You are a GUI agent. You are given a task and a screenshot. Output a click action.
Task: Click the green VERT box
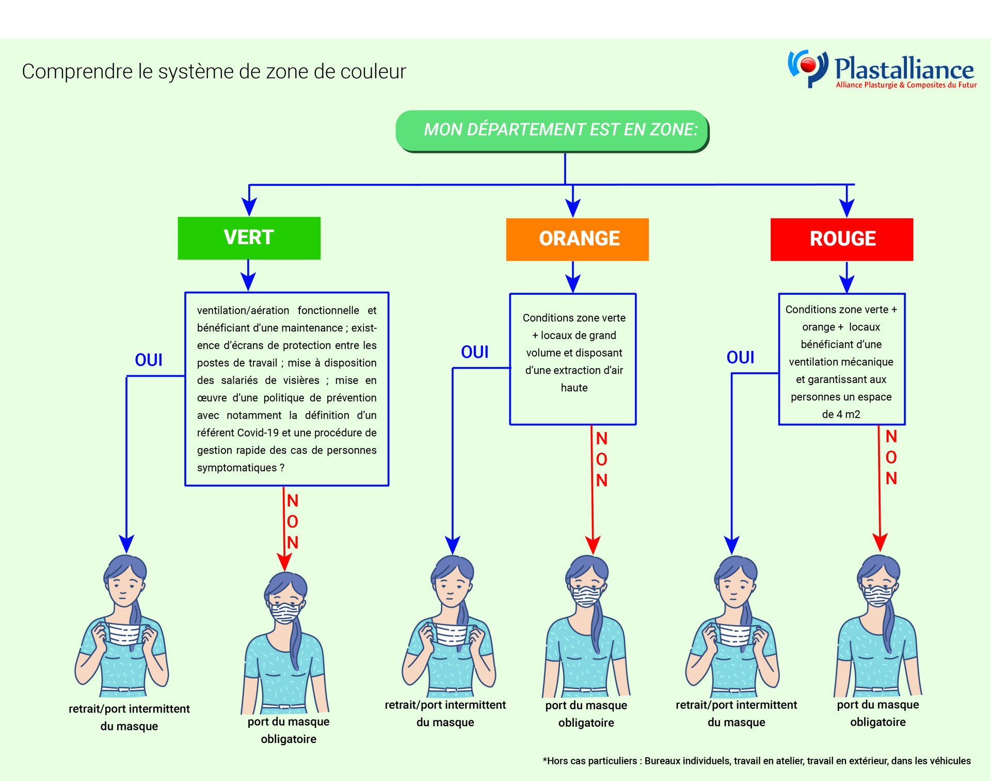click(x=249, y=238)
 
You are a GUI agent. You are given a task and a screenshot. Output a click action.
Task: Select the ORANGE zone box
click(x=577, y=239)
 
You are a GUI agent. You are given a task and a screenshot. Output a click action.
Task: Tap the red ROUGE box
click(x=841, y=239)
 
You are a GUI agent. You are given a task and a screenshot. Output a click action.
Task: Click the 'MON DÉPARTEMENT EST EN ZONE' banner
click(x=552, y=130)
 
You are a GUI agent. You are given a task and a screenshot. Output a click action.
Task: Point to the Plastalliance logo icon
click(x=807, y=68)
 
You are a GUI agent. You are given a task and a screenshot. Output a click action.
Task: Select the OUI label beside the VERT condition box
click(x=148, y=360)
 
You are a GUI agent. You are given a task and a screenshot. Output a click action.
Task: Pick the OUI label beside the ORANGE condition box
click(x=474, y=352)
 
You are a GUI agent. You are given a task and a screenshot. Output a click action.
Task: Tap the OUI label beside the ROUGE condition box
click(x=740, y=357)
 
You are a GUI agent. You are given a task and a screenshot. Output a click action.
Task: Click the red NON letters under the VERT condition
click(x=293, y=521)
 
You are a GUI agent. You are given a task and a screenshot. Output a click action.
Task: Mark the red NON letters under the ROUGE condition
click(x=891, y=457)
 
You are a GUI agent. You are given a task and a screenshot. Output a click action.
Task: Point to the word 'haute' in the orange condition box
click(x=574, y=388)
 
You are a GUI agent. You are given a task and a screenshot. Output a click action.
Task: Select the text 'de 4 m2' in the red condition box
click(x=841, y=415)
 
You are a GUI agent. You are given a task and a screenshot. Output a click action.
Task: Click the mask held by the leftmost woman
click(x=124, y=634)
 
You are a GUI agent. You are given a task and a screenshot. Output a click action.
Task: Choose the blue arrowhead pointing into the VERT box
click(x=249, y=207)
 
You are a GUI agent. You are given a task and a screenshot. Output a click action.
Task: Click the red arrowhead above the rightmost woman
click(x=880, y=543)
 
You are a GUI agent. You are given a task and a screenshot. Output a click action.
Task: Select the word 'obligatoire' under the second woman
click(x=289, y=739)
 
